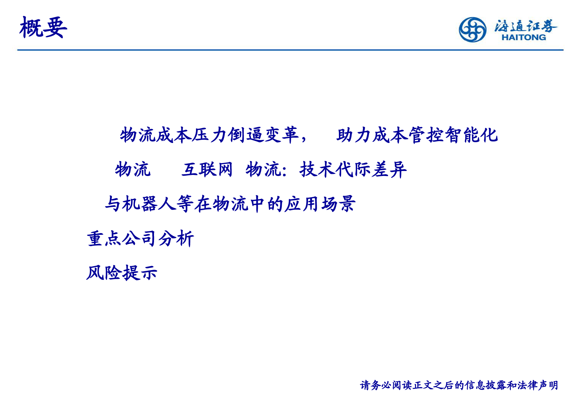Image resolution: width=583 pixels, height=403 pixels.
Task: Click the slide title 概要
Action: point(43,27)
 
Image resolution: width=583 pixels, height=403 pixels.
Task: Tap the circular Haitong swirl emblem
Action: point(472,30)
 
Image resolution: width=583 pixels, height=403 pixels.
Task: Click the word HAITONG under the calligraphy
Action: point(524,37)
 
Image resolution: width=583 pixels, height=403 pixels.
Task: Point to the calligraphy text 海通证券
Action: point(526,26)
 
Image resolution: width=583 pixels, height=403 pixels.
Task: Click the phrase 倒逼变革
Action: point(263,135)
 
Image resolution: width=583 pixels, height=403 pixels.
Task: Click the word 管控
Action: point(426,135)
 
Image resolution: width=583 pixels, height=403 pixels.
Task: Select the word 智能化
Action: point(471,135)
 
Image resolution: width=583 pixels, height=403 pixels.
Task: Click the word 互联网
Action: point(207,170)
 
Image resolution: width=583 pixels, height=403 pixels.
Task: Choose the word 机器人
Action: point(148,204)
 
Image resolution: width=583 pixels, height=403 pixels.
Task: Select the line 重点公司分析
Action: point(140,238)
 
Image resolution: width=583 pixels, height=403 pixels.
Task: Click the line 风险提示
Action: point(122,273)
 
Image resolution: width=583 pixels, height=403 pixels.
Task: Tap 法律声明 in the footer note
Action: point(538,385)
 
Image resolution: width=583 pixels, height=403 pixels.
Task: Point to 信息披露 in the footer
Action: point(486,385)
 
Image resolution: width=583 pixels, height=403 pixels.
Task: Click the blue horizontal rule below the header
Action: point(290,50)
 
